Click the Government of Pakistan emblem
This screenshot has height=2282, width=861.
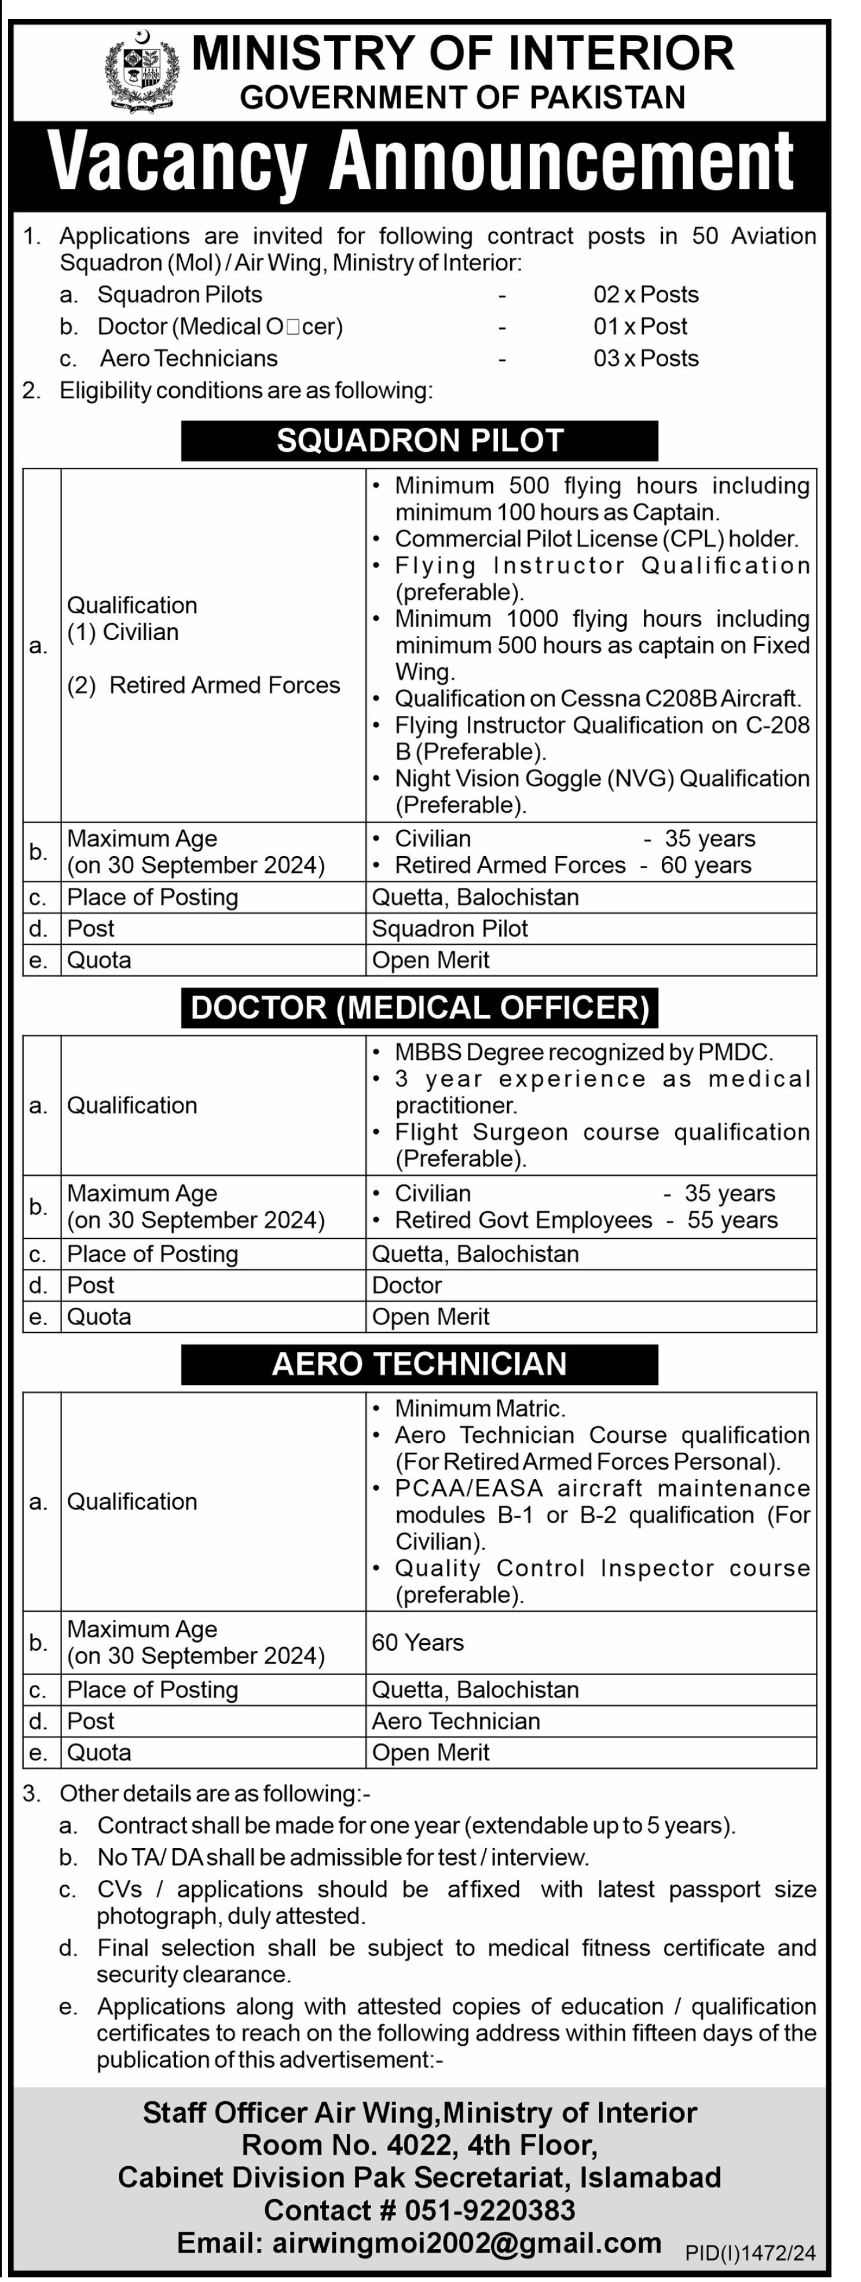coord(142,70)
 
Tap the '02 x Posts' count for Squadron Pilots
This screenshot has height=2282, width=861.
coord(646,294)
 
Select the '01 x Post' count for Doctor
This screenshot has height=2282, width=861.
coord(640,326)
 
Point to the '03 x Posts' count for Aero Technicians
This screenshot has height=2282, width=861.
coord(646,358)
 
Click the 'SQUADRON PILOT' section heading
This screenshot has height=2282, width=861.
coord(420,440)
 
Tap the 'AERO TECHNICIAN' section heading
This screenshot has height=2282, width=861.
coord(419,1363)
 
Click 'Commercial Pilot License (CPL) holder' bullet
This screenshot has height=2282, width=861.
coord(596,539)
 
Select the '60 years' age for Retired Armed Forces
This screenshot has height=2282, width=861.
coord(706,865)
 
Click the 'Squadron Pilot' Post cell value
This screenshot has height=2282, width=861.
coord(450,928)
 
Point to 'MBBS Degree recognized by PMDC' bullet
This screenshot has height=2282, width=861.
coord(584,1052)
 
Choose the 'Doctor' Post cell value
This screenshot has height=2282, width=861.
coord(406,1285)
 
